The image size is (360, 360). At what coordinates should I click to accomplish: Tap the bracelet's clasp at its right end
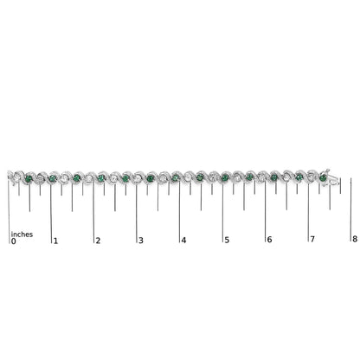[x=333, y=180]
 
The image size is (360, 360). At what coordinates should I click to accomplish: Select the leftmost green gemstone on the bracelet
[x=31, y=179]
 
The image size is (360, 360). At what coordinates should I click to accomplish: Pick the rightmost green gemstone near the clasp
[x=323, y=178]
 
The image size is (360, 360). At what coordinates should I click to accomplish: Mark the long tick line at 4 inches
[x=180, y=208]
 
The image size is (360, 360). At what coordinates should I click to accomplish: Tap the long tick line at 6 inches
[x=265, y=208]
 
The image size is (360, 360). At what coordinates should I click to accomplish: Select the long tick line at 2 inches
[x=94, y=208]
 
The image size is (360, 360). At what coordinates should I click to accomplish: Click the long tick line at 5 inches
[x=222, y=208]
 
